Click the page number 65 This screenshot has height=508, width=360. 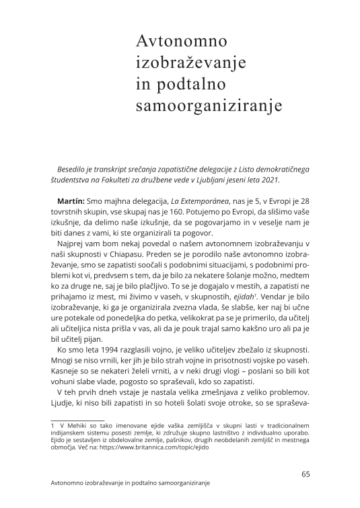(305, 474)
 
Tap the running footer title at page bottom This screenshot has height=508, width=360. (131, 484)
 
